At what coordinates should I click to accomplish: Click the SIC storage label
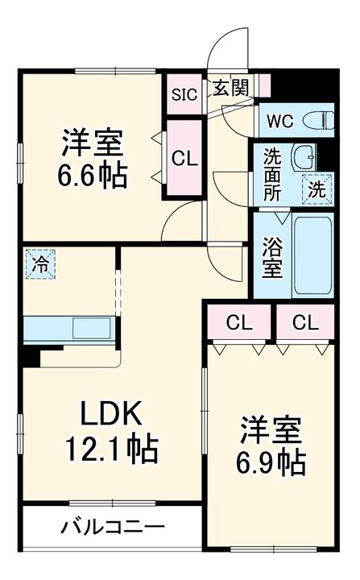pos(185,92)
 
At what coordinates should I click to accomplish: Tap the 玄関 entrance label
pos(230,89)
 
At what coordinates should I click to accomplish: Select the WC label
pos(281,122)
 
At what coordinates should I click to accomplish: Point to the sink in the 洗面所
pos(304,156)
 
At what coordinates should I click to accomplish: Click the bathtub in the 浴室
pos(312,255)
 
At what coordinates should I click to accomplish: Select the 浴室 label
pos(273,256)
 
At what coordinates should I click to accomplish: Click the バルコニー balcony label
pos(112,528)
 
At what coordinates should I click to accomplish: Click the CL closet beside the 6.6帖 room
pos(184,159)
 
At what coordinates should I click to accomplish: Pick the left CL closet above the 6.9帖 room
pos(239,323)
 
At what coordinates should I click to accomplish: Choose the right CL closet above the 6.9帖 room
pos(304,323)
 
